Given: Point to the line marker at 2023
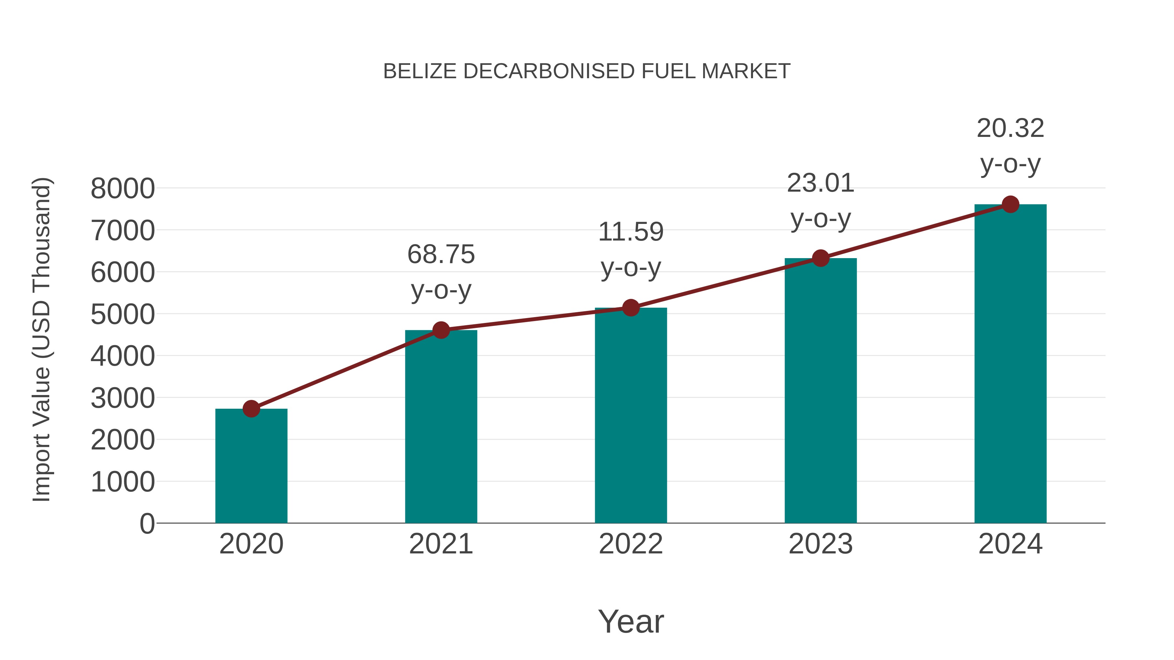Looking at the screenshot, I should pyautogui.click(x=820, y=258).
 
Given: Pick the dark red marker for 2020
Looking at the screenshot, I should pyautogui.click(x=251, y=409).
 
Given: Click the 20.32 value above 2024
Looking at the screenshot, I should pyautogui.click(x=1010, y=128).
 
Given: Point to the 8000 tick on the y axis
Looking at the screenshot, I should pyautogui.click(x=123, y=189).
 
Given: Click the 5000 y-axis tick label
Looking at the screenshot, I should pyautogui.click(x=123, y=314).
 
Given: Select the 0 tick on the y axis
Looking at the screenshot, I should pyautogui.click(x=147, y=524).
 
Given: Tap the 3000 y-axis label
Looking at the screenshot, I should pyautogui.click(x=123, y=398).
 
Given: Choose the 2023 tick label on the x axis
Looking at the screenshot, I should pyautogui.click(x=820, y=544).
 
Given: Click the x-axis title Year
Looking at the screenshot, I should pyautogui.click(x=631, y=621).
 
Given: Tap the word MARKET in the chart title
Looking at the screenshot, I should pyautogui.click(x=746, y=71).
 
